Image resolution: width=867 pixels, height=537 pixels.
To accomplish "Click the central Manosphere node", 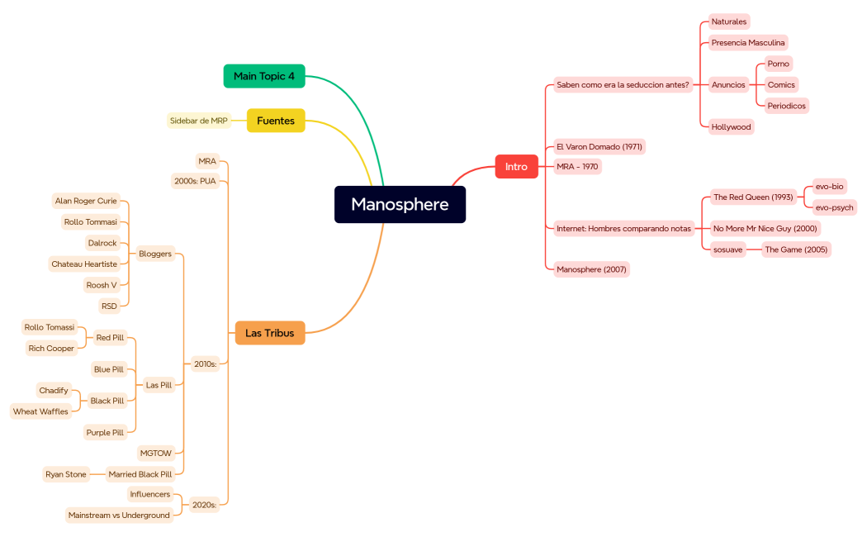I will coord(400,204).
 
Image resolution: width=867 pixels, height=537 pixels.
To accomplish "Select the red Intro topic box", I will coord(516,167).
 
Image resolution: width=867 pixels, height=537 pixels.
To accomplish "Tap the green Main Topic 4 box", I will coord(264,76).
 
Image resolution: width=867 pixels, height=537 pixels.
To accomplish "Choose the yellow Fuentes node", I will coord(276,121).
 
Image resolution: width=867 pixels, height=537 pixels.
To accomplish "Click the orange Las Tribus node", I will coord(270,333).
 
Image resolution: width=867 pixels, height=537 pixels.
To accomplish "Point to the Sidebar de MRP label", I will coord(198,121).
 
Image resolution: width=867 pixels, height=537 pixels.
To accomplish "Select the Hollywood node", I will coord(731,127).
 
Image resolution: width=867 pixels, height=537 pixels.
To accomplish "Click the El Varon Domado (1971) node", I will coord(599,147).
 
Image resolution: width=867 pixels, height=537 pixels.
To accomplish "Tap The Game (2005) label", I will coord(795,249).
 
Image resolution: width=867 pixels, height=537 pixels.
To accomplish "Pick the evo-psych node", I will coord(834,207).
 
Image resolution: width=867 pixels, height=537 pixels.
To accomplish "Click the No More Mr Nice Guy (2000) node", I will coord(765,229).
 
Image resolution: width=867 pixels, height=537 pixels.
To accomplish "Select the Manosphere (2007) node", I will coord(591,269).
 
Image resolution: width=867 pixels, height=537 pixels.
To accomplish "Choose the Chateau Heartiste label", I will coord(84,264).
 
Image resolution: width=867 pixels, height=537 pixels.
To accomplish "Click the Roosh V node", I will coord(102,285).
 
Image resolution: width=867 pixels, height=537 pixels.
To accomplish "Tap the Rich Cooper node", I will coord(51,349).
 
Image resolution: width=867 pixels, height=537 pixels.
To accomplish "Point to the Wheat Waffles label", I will coord(40,411).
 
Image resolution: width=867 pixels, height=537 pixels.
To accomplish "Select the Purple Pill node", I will coord(105,433).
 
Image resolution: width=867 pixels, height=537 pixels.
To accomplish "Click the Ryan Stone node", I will coord(66,475).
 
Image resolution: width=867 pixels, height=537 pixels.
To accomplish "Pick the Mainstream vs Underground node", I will coord(119,516).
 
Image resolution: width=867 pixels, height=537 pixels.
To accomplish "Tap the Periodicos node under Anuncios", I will coord(786,106).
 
